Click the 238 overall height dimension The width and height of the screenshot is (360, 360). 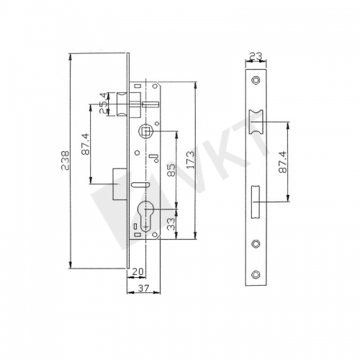[65, 161]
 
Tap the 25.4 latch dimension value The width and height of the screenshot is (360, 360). [102, 103]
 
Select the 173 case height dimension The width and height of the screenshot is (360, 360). [191, 160]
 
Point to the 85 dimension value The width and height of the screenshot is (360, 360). [172, 171]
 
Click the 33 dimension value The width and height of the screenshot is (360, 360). [171, 224]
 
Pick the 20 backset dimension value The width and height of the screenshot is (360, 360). [138, 271]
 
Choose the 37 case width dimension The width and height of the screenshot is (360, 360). [144, 288]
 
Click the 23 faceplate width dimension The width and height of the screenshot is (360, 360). [256, 56]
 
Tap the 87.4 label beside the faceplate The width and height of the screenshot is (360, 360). [283, 162]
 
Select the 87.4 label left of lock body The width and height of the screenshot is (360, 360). [86, 144]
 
